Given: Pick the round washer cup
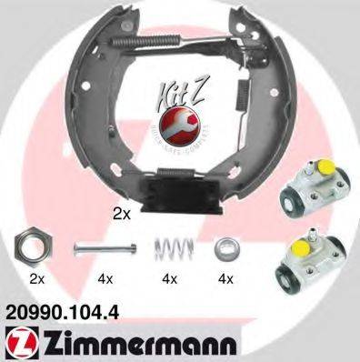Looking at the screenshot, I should tap(224, 246).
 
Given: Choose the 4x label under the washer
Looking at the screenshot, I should tap(224, 277).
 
